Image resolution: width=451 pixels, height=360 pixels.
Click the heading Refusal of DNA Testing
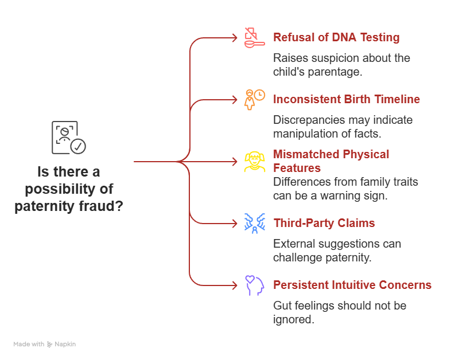pyautogui.click(x=336, y=38)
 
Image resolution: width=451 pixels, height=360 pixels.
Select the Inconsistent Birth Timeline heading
pyautogui.click(x=347, y=100)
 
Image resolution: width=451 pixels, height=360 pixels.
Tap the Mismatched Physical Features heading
pyautogui.click(x=331, y=161)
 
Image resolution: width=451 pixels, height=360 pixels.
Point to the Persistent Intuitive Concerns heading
pyautogui.click(x=352, y=285)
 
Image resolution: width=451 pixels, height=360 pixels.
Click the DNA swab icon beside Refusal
pyautogui.click(x=254, y=37)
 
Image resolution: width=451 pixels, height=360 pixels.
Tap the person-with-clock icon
pyautogui.click(x=254, y=99)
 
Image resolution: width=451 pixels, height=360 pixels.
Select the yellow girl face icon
pyautogui.click(x=254, y=162)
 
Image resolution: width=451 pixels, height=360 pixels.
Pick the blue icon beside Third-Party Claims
pyautogui.click(x=254, y=223)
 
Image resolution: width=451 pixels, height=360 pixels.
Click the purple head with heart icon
pyautogui.click(x=254, y=285)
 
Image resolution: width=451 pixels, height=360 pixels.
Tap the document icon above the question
pyautogui.click(x=68, y=138)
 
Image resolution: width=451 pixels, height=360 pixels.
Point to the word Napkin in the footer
pyautogui.click(x=65, y=345)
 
